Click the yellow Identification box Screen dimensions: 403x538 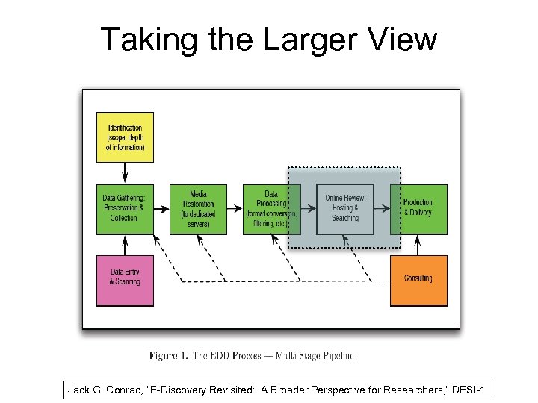click(x=125, y=137)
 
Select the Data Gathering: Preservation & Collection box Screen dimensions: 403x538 click(x=125, y=208)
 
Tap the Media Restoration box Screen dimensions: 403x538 click(x=198, y=208)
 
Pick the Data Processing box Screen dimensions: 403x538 click(x=270, y=208)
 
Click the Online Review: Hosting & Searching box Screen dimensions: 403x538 click(x=344, y=208)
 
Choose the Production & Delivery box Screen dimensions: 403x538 click(x=418, y=208)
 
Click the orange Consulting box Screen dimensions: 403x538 click(x=418, y=280)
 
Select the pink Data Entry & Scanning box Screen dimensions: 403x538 click(x=125, y=280)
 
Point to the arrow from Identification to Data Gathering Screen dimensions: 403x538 click(x=125, y=173)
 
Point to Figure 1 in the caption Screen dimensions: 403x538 click(x=169, y=356)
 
